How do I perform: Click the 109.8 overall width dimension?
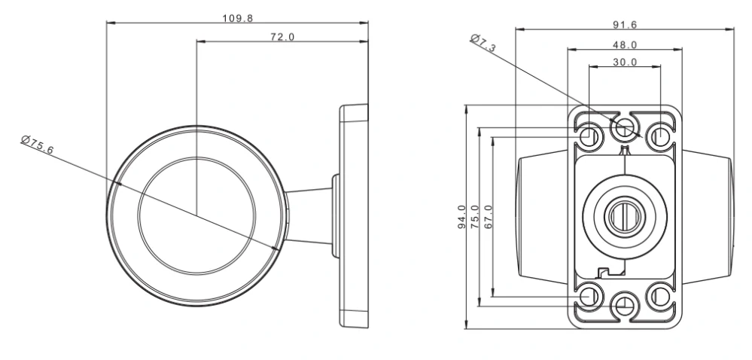pos(238,17)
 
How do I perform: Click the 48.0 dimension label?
pos(625,45)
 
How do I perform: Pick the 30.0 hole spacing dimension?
pos(625,63)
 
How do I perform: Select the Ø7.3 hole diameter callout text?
pos(483,43)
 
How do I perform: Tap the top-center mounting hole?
pos(624,129)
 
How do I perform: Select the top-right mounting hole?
pos(660,136)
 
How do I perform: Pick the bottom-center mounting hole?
pos(624,304)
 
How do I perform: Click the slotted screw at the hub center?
pos(624,215)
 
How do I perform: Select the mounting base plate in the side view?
pos(354,216)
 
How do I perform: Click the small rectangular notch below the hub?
pos(602,270)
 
